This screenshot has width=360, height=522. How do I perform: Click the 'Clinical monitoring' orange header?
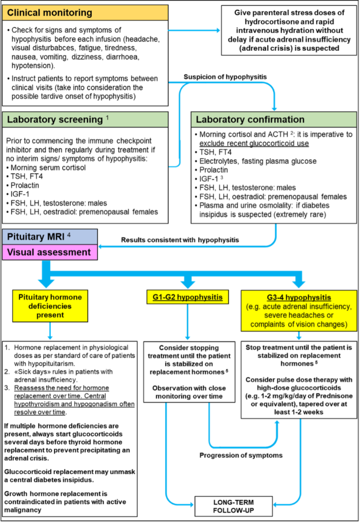pos(85,13)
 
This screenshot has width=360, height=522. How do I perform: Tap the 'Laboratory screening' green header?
pos(85,119)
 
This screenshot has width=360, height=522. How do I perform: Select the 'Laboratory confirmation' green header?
pos(273,119)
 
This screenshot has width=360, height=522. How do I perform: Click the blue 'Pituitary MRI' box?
pos(50,236)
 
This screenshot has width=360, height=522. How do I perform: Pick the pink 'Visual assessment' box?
pos(50,252)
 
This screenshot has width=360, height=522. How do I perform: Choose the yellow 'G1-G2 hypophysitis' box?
pos(188,297)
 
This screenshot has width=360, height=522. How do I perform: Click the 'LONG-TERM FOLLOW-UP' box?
pos(234,506)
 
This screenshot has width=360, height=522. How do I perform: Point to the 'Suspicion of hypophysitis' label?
pos(225,77)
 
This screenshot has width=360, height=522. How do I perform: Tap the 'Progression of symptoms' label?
pos(241,456)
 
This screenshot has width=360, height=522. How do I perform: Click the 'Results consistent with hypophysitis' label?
pos(180,240)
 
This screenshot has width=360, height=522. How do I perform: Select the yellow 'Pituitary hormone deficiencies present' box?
pos(50,306)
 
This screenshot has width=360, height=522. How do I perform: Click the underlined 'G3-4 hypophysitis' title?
pos(299,297)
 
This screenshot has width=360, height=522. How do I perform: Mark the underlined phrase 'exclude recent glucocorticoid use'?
pos(254,144)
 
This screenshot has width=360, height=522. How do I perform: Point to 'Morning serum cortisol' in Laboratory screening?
pos(48,167)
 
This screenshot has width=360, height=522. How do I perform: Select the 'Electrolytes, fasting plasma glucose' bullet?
pos(256,161)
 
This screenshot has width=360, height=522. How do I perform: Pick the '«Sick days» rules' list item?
pos(59,375)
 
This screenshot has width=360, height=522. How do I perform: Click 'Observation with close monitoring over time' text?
pos(189,392)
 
